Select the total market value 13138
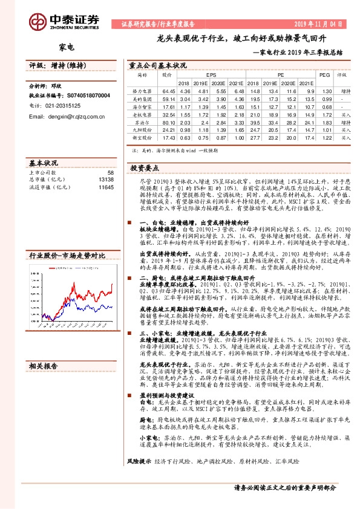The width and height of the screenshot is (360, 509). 106,180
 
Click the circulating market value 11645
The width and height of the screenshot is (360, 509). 106,187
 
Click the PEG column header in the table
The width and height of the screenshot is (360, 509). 324,75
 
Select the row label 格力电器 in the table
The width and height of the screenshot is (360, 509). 142,91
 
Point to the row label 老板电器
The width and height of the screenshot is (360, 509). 142,114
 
